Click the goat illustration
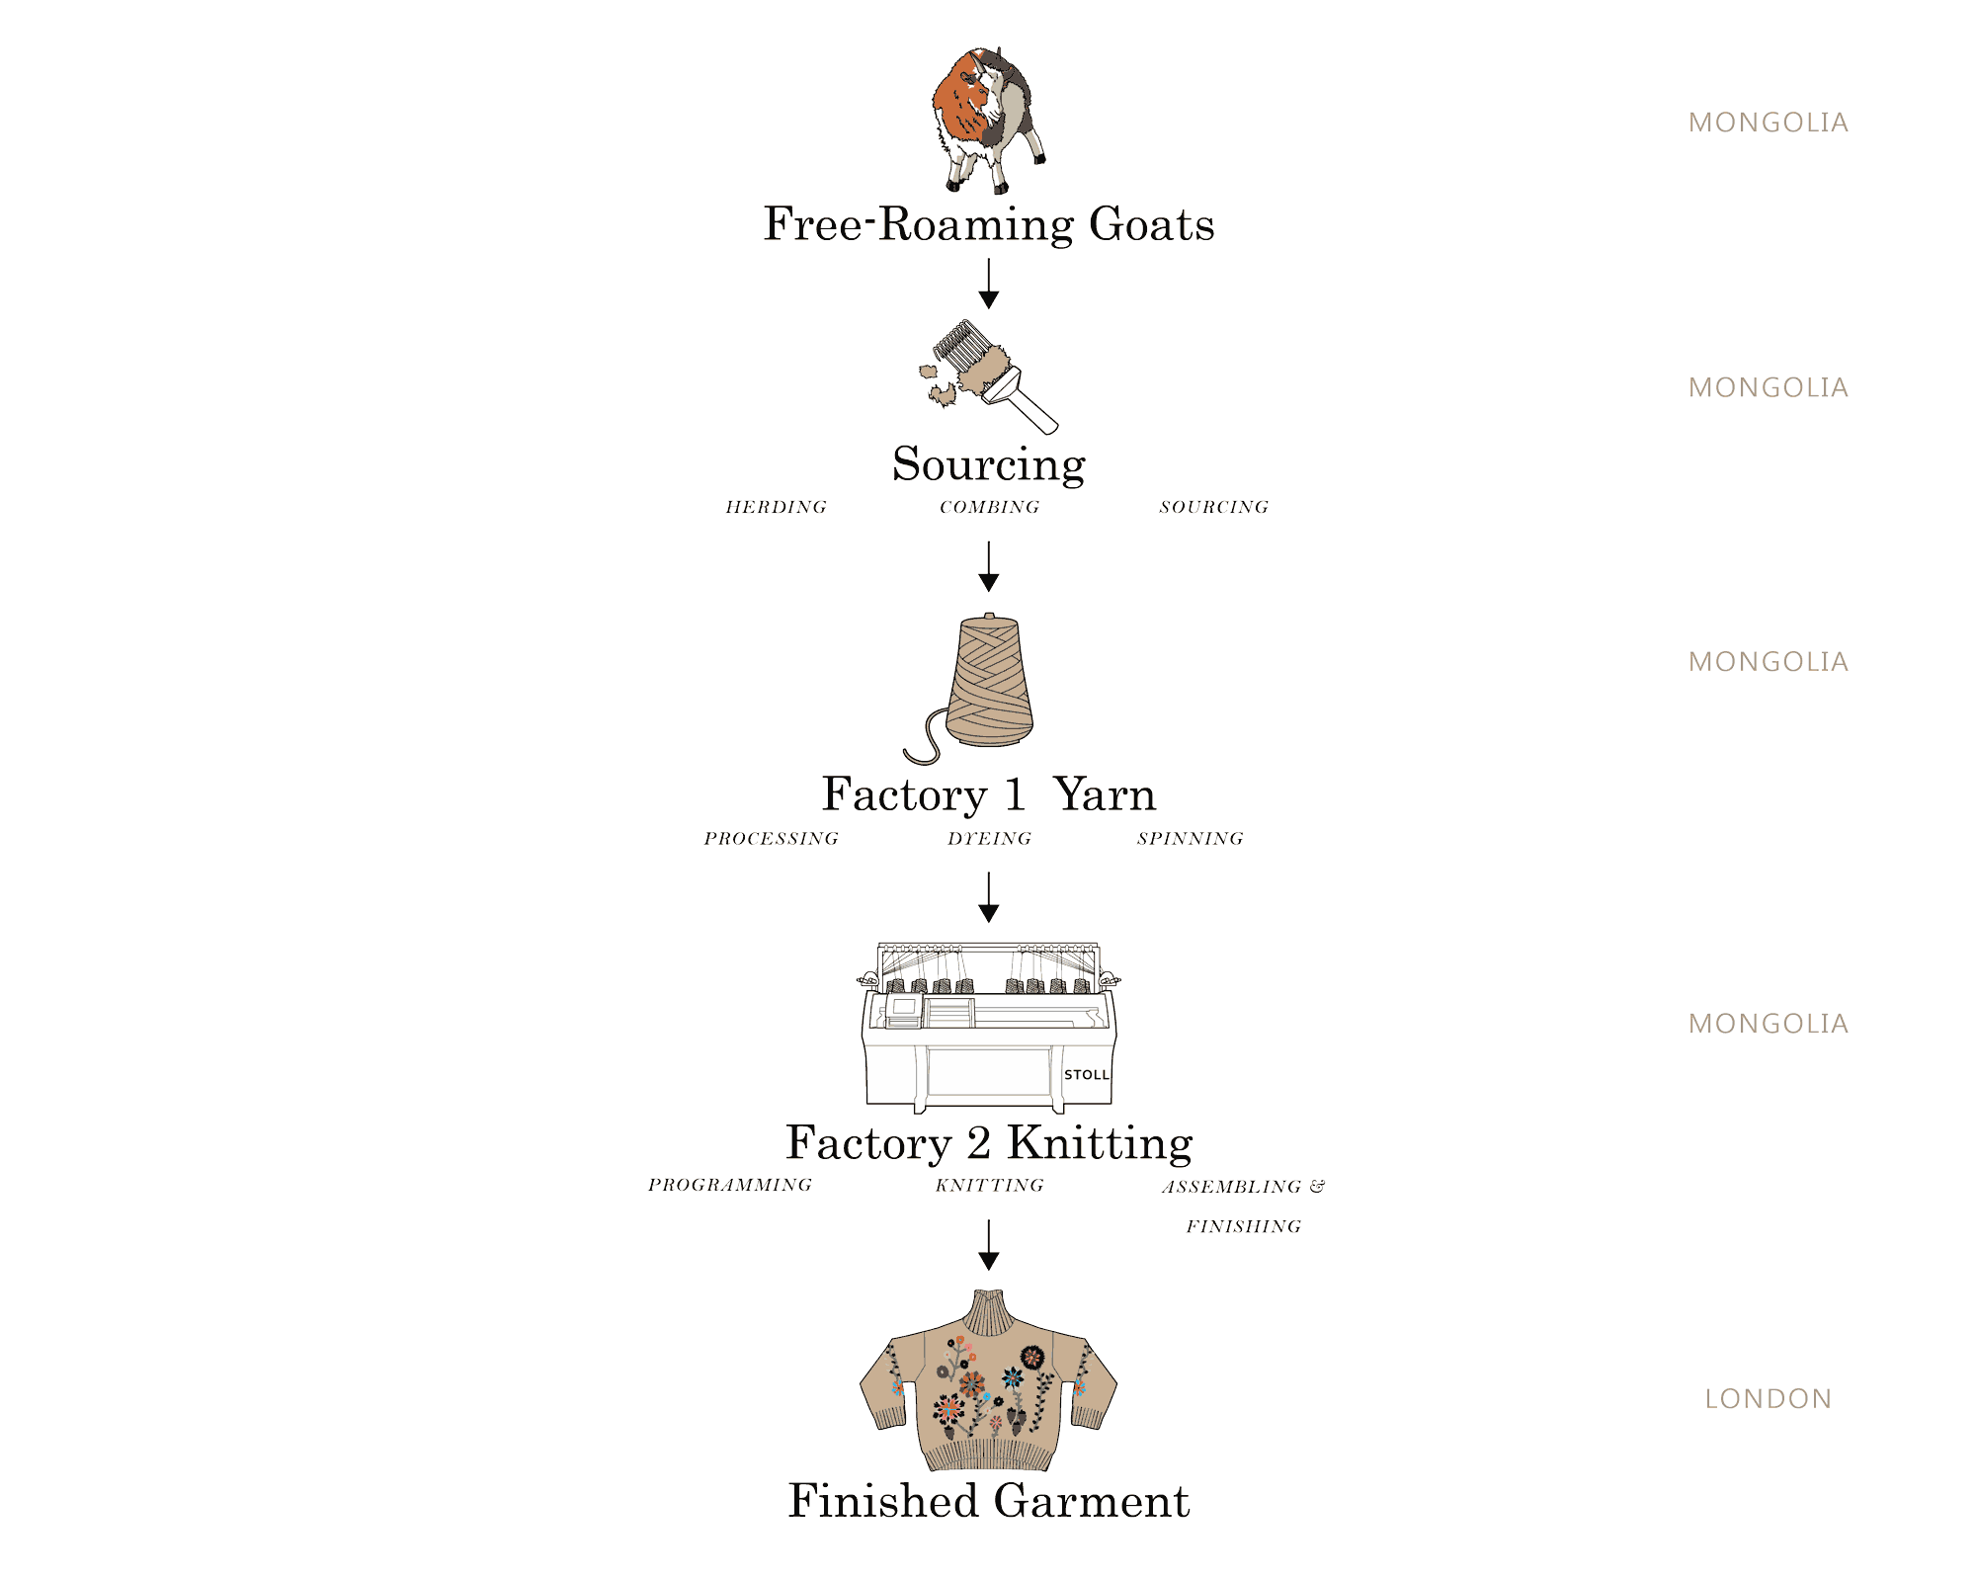(987, 119)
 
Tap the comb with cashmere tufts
(988, 375)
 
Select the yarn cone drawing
(988, 682)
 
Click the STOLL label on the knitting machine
(1086, 1075)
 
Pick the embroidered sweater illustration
(988, 1383)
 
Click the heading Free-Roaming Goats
(988, 224)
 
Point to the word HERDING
(776, 507)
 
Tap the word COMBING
(989, 507)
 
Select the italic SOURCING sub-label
(1213, 507)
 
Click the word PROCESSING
(771, 839)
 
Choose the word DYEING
(989, 839)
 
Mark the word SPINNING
(1190, 839)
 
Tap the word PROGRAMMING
(730, 1185)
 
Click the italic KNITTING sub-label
(989, 1185)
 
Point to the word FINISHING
(1243, 1226)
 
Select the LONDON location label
(1768, 1399)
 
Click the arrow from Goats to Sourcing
(988, 285)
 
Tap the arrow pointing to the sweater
(988, 1245)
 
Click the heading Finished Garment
(988, 1501)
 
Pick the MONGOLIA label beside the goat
(1768, 123)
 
